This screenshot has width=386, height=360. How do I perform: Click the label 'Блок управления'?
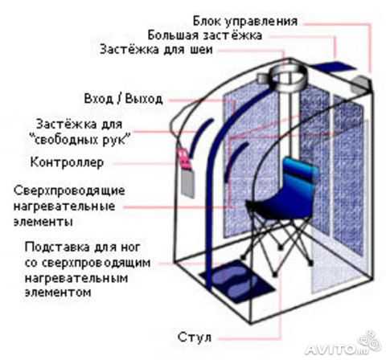245,22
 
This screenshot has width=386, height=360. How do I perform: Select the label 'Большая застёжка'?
204,35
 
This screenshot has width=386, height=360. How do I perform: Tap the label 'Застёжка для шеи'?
156,50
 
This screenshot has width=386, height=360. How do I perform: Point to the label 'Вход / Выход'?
124,99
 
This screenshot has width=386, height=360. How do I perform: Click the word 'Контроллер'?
67,162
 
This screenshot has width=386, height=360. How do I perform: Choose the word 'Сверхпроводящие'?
69,191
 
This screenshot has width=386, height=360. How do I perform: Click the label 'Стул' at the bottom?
195,337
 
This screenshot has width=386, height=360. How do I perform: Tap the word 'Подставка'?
58,247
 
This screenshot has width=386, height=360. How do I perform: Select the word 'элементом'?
58,292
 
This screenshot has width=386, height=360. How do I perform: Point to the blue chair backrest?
299,175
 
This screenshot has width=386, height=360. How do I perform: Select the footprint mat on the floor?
237,281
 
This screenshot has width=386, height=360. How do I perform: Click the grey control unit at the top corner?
361,83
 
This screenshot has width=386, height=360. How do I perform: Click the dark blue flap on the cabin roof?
335,66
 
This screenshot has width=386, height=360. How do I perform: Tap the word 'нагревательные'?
64,207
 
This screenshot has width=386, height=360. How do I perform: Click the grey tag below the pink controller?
188,183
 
